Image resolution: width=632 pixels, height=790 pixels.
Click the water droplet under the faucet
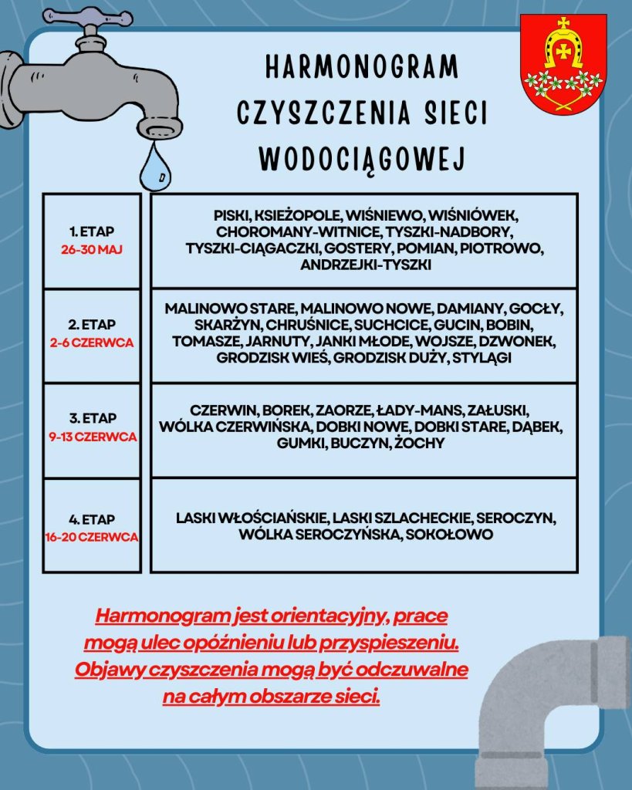[155, 169]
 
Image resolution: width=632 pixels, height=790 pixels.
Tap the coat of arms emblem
[563, 65]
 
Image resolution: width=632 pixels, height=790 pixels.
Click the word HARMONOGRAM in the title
[361, 67]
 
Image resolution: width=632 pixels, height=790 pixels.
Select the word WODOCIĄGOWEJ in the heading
[361, 158]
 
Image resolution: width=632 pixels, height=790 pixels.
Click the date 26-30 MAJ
[92, 250]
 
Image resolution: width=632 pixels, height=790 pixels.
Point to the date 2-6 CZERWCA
[92, 343]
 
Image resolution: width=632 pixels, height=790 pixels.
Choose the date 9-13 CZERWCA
[92, 437]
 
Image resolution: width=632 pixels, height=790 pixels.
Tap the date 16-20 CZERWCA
[92, 537]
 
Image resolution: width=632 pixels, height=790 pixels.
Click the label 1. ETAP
[92, 231]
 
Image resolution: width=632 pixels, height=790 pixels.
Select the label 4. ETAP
[92, 520]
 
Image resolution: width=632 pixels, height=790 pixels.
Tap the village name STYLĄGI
[482, 358]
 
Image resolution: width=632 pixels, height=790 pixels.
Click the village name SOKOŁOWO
[448, 534]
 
